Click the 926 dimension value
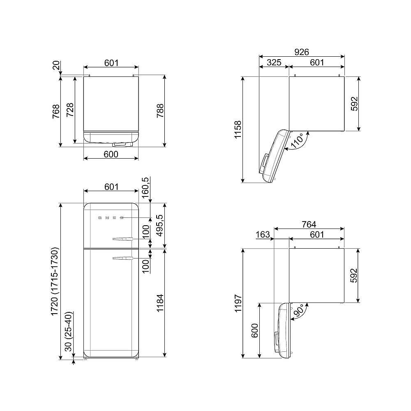click(301, 52)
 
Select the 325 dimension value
click(274, 62)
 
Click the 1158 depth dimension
click(238, 129)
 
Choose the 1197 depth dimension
click(238, 303)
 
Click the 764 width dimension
click(309, 224)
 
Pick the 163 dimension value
click(263, 234)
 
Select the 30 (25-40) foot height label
click(68, 331)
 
